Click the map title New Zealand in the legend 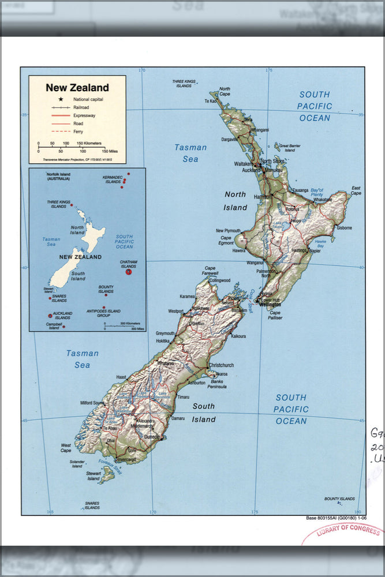pos(77,88)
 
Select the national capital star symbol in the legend pos(61,100)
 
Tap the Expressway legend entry pos(84,115)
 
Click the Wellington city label pos(270,304)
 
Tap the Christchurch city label pos(221,365)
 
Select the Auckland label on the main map pos(251,170)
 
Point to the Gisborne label pos(344,228)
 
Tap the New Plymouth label pos(228,231)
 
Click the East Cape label pos(356,190)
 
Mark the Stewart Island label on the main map pos(94,476)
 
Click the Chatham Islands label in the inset pos(128,264)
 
